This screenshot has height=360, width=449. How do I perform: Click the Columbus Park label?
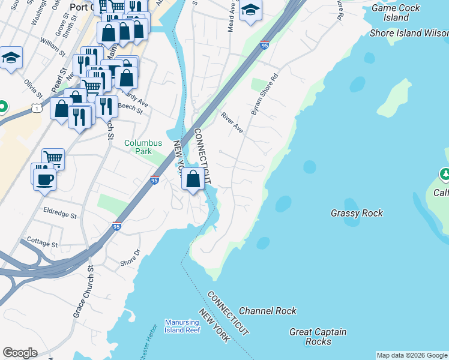(143, 148)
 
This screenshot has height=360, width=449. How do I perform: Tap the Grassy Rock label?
(357, 213)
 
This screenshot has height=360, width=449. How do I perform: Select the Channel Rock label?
(268, 311)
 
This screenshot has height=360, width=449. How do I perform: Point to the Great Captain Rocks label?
(318, 337)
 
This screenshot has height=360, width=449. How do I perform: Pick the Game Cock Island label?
(390, 13)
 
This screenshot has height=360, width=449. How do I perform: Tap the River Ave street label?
(232, 122)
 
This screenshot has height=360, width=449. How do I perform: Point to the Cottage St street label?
(42, 244)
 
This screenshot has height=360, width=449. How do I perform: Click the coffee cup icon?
(44, 179)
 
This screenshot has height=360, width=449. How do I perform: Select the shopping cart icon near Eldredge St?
(53, 158)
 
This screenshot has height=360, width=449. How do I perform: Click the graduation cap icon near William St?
(11, 58)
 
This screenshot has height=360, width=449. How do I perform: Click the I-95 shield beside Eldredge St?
(116, 227)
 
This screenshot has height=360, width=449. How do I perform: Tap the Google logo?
(20, 353)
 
